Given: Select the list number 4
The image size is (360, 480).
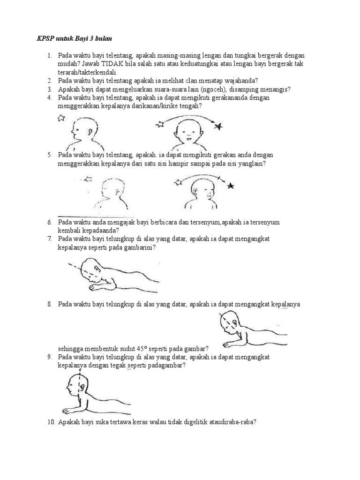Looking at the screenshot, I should point(49,97).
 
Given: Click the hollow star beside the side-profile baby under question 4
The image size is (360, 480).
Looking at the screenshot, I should point(61,119).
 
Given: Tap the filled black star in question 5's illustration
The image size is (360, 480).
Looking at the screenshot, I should point(230,187).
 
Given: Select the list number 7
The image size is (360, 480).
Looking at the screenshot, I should point(49,239).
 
